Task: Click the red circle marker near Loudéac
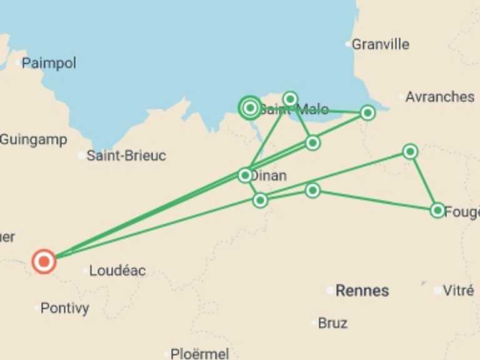(44, 261)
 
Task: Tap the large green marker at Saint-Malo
(250, 108)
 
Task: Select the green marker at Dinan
(246, 175)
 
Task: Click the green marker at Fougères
(437, 210)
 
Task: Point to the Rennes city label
(362, 291)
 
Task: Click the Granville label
(381, 44)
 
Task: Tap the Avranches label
(439, 97)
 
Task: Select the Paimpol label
(49, 63)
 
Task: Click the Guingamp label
(33, 139)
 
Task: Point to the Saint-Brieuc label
(126, 156)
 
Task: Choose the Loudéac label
(117, 271)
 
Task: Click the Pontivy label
(64, 308)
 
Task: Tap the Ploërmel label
(200, 354)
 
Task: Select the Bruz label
(332, 323)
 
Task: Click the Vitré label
(458, 291)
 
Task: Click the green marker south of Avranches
(410, 151)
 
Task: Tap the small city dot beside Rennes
(329, 290)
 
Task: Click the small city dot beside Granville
(349, 44)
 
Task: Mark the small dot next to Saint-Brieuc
(82, 155)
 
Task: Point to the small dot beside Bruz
(314, 322)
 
